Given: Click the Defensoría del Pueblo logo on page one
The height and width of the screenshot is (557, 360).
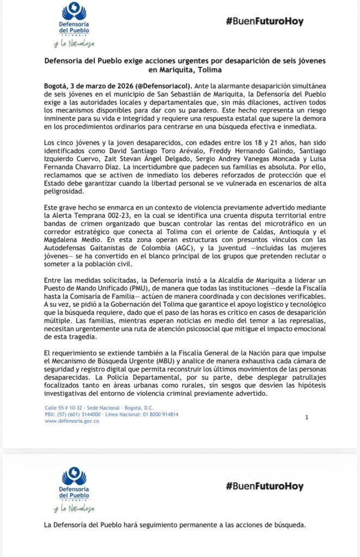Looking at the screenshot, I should pyautogui.click(x=74, y=19).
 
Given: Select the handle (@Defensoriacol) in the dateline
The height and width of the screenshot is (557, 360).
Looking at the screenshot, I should pyautogui.click(x=165, y=86).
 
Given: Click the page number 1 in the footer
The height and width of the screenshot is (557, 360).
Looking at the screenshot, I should pyautogui.click(x=307, y=417).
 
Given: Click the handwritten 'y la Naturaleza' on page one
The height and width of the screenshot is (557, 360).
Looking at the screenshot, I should pyautogui.click(x=74, y=43).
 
